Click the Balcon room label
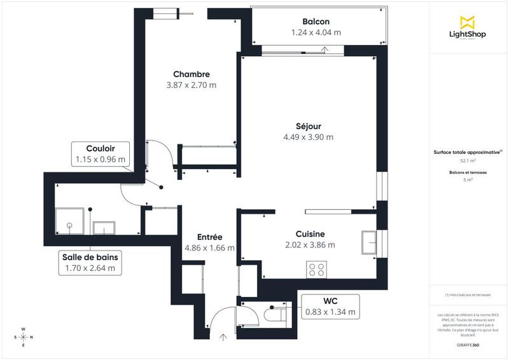click(x=316, y=21)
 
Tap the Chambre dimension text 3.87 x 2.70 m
click(x=192, y=85)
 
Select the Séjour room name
click(x=308, y=125)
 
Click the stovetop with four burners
click(x=317, y=270)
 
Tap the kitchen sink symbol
click(x=370, y=242)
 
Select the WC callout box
click(x=330, y=307)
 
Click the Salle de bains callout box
click(x=90, y=263)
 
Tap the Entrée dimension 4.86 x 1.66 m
click(x=209, y=248)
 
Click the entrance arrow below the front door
click(x=223, y=338)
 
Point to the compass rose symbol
click(x=24, y=337)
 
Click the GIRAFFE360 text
click(x=468, y=344)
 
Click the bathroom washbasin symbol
click(x=104, y=228)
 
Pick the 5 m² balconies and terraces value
click(x=468, y=180)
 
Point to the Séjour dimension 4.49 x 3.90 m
click(x=308, y=137)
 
